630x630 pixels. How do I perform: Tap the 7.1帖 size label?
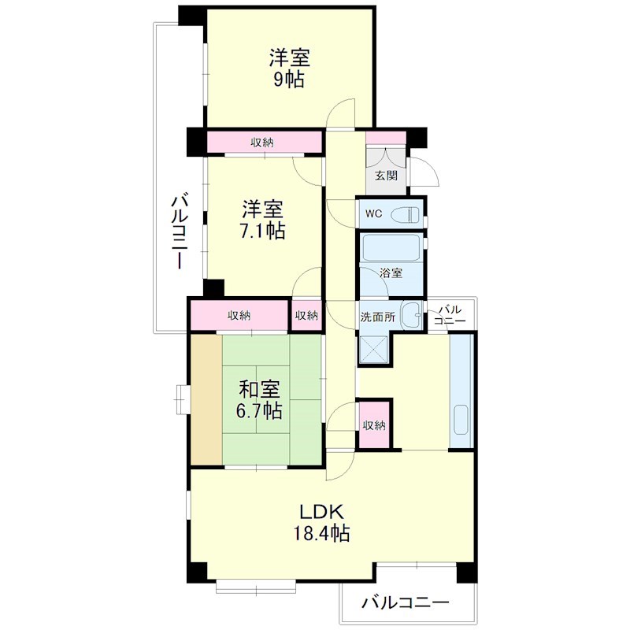(263, 232)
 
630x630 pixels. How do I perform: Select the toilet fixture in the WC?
(406, 213)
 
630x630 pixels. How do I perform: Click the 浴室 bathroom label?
(391, 273)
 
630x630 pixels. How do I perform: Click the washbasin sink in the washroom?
(409, 315)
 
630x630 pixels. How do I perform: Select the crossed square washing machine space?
(375, 347)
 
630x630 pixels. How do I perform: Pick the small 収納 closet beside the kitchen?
(374, 425)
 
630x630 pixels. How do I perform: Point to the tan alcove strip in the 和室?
(207, 399)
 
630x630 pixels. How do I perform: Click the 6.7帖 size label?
(261, 410)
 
